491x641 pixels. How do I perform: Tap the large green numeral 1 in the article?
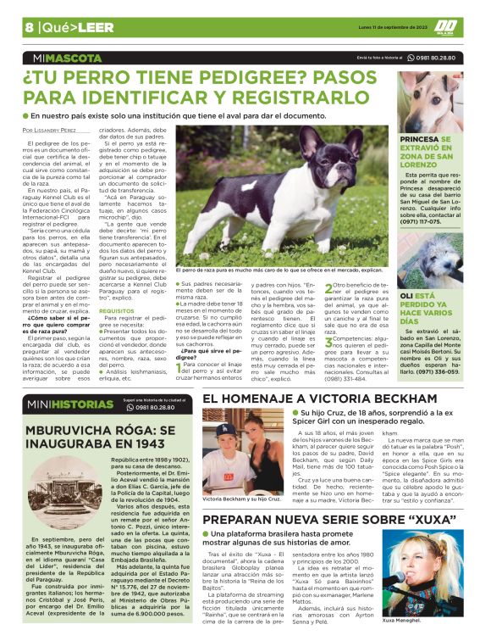pyautogui.click(x=180, y=365)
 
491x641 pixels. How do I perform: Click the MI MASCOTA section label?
pyautogui.click(x=60, y=59)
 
